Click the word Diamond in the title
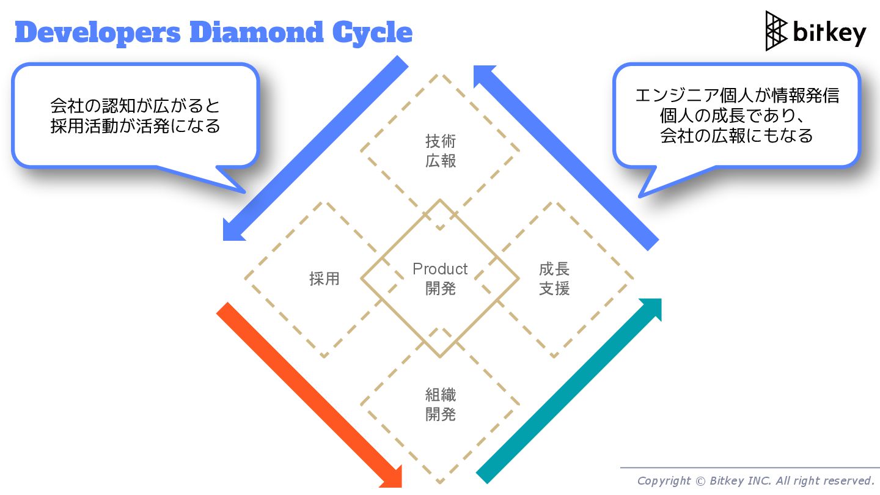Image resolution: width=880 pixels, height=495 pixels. point(257,32)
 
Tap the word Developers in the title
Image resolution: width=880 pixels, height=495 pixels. point(98,32)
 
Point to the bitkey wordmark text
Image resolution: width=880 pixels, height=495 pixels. point(829,32)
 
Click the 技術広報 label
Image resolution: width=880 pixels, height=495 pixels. point(441,152)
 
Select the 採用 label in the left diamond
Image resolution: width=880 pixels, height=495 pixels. point(324,279)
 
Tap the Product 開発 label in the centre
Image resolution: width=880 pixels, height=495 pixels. point(440,279)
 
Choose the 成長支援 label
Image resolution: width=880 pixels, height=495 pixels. point(554,279)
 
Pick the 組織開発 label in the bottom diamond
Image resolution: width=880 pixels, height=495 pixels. point(441,405)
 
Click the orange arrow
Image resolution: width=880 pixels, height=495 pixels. point(306,391)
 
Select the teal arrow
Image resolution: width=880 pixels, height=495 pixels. point(568,391)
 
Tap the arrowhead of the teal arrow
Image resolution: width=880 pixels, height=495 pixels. point(651,309)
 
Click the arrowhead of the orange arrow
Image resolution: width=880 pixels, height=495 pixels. point(392,477)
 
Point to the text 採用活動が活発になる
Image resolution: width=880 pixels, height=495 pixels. point(135,127)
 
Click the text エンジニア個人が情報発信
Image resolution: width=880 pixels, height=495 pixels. point(736,96)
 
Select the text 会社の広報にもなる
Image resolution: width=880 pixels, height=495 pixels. point(736,136)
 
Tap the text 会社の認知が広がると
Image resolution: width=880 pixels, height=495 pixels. point(135,106)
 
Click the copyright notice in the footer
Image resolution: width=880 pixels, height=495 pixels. point(755,480)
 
